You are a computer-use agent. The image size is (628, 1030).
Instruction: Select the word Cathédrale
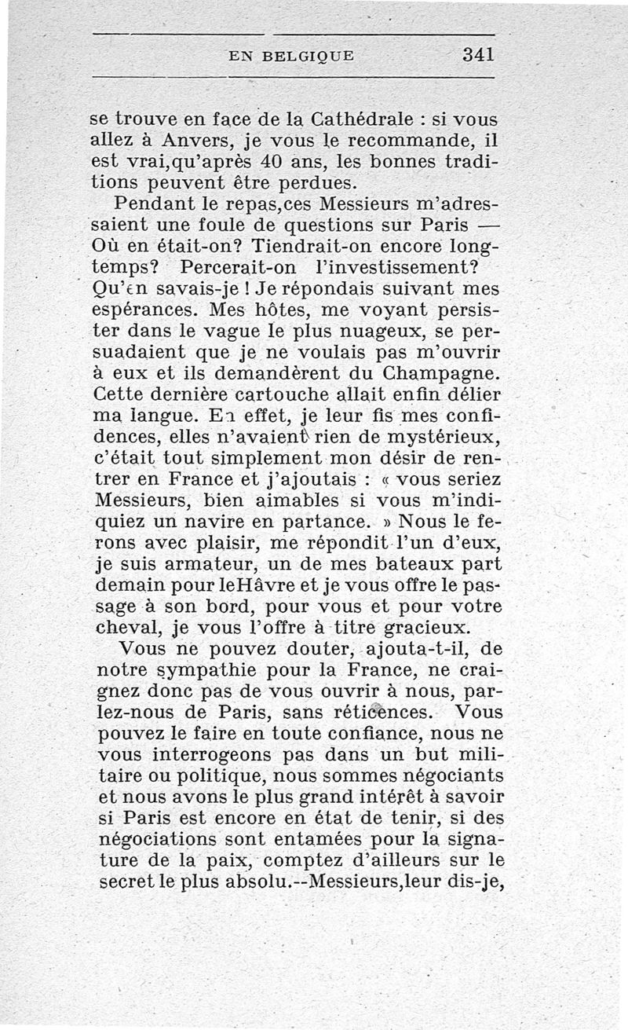[358, 120]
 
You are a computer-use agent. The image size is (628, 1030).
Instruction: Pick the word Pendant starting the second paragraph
[154, 206]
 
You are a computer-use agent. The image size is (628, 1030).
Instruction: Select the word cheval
[127, 627]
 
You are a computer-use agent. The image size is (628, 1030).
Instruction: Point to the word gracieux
[426, 627]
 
